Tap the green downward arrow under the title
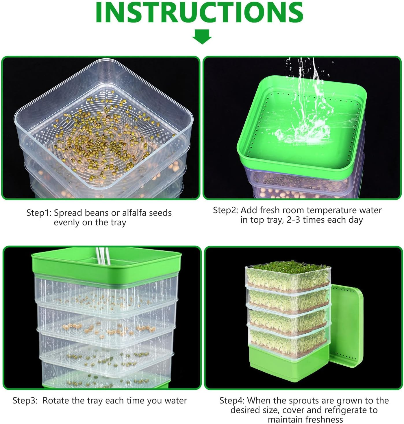tap(202, 37)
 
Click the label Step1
tap(38, 213)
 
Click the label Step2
tap(225, 210)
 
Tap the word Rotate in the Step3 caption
tap(56, 401)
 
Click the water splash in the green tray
tap(303, 133)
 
